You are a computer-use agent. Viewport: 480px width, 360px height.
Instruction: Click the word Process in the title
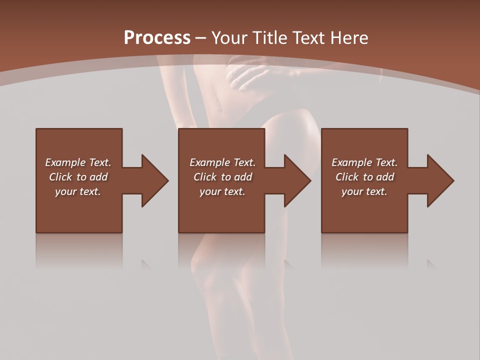point(157,38)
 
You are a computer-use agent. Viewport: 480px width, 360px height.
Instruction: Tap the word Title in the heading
point(271,38)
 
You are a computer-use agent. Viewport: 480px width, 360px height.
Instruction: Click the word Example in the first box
point(65,162)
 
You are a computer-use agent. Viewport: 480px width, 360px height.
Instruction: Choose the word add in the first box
point(98,177)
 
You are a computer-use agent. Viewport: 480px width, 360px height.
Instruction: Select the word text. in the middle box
point(234,191)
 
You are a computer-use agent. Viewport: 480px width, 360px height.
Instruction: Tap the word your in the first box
point(65,191)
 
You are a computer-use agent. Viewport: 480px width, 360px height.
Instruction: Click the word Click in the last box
point(348,177)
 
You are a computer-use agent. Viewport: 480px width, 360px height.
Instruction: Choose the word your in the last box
point(352,191)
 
